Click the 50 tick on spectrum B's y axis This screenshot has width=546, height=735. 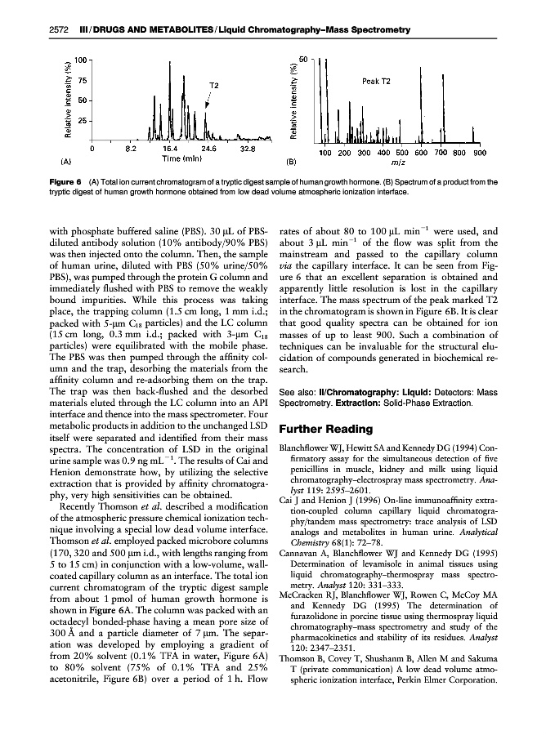pos(302,60)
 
